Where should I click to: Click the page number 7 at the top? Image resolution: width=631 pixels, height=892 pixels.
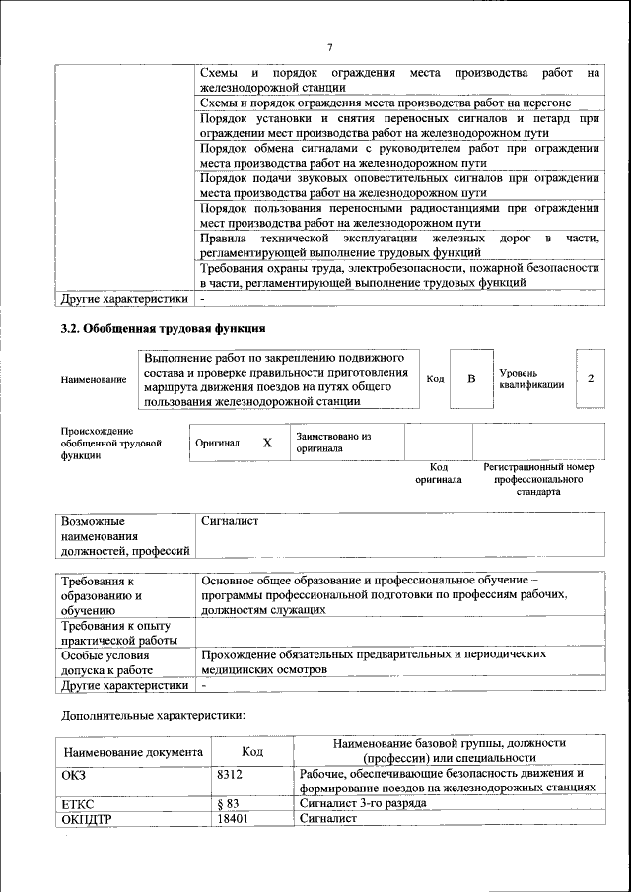click(x=330, y=47)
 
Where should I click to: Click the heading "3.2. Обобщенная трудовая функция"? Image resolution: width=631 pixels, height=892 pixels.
click(x=163, y=328)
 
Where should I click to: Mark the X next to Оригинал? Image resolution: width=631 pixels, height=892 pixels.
click(x=267, y=443)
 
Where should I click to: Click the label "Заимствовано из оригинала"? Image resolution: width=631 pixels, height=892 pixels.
click(x=333, y=442)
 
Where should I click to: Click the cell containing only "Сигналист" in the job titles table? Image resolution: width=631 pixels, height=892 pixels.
click(x=229, y=520)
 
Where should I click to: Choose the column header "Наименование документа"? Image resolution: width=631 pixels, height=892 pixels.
click(x=133, y=752)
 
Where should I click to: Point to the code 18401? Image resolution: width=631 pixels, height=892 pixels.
click(x=231, y=818)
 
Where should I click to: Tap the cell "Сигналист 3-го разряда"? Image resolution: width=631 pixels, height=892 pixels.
click(x=363, y=803)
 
